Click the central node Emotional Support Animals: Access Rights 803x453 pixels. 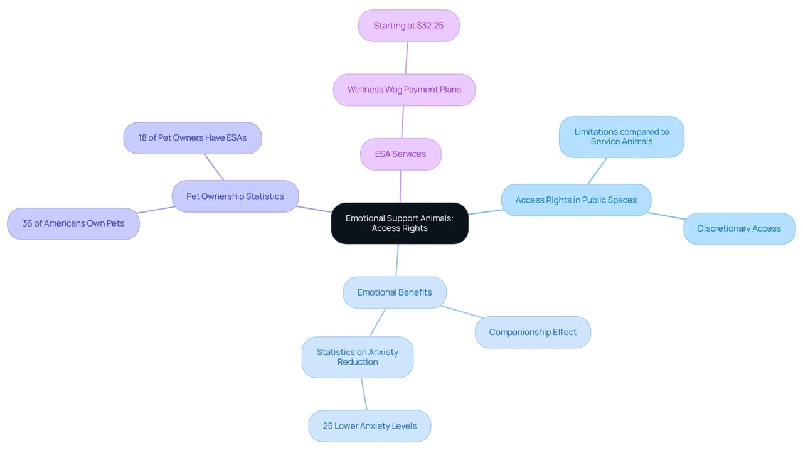400,223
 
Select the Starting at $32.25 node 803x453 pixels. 408,26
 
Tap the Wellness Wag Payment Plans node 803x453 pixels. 405,90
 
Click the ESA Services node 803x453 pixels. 400,154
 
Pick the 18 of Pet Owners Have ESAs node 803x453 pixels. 193,138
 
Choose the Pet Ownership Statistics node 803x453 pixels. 235,196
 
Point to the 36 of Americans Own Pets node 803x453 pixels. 73,223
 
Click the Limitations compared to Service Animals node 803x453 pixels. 622,137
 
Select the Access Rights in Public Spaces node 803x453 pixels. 576,200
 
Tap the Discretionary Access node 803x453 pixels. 740,228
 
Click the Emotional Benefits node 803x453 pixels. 395,292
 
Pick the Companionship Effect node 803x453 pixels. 533,333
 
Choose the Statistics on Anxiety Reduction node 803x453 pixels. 358,357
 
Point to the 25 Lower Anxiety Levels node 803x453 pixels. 370,426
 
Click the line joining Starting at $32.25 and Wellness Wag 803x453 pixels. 407,58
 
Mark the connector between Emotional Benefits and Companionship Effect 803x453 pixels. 461,312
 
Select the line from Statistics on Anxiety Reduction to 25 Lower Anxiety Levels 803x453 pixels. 364,394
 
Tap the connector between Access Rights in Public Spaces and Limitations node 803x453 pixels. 597,171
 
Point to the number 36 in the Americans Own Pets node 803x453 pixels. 27,223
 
